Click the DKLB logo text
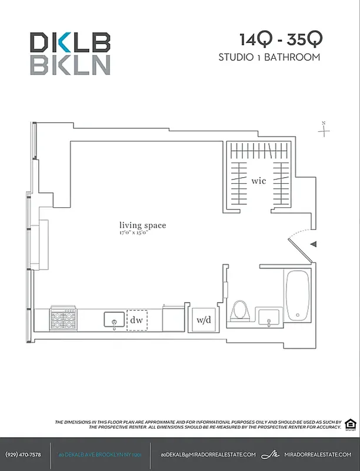(x=70, y=42)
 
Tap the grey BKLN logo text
(x=70, y=64)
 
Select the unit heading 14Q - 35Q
(x=281, y=39)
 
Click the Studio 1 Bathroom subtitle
(x=269, y=57)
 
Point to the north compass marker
(x=324, y=129)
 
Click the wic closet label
(x=258, y=181)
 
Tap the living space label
(x=142, y=225)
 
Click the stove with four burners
(x=63, y=320)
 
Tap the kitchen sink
(x=114, y=320)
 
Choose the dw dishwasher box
(x=137, y=320)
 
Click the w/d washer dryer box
(x=204, y=320)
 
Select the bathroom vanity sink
(x=270, y=318)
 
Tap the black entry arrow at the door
(x=313, y=244)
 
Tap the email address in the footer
(x=208, y=455)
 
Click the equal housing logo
(x=350, y=424)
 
